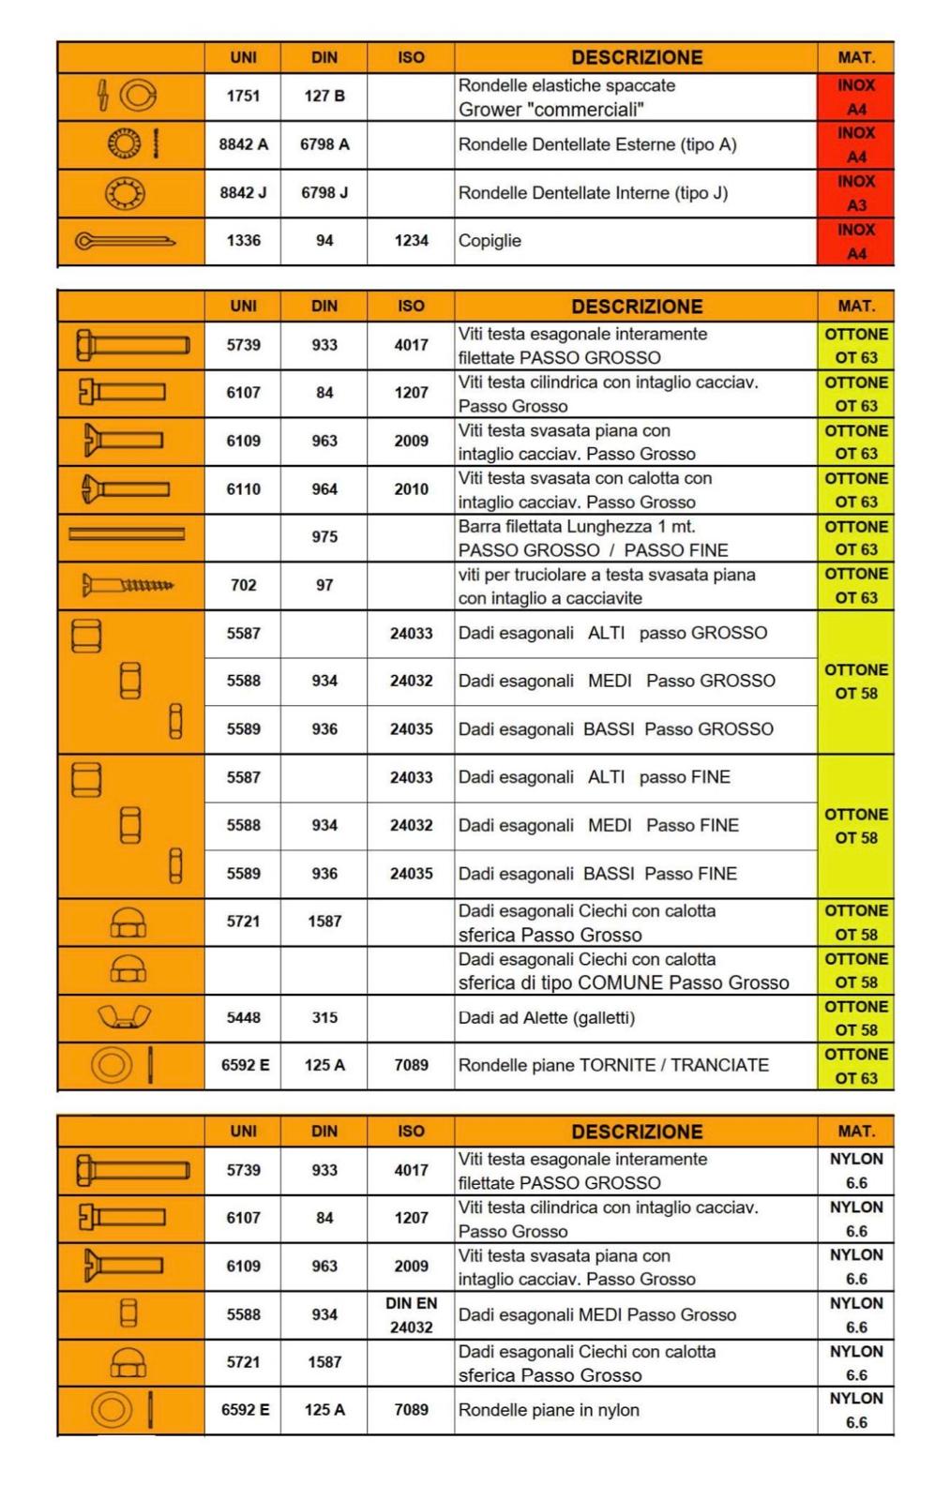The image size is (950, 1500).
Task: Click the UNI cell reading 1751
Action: point(243,97)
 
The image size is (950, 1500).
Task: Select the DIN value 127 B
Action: point(324,97)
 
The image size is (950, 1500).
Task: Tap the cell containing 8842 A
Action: point(243,144)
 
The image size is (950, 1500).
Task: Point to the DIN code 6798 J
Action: point(324,193)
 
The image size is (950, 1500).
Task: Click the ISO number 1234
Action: point(411,241)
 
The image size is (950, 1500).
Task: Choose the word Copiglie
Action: point(490,241)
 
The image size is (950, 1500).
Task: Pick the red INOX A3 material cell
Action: point(855,193)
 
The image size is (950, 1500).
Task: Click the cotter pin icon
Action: point(125,241)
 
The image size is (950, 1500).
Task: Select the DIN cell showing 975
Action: point(324,537)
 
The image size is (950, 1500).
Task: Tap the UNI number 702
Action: point(243,585)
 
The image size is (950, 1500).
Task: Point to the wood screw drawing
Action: point(128,586)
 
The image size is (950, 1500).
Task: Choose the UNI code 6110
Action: point(243,489)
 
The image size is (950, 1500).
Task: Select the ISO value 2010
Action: point(411,489)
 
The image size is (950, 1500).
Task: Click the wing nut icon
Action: point(124,1016)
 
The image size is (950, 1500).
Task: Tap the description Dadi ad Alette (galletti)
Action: point(546,1018)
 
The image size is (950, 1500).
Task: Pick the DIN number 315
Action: point(324,1018)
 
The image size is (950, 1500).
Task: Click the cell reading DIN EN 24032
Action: point(411,1315)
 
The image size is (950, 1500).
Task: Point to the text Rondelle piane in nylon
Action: point(549,1410)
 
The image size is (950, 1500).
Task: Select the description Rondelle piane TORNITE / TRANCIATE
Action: point(613,1066)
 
